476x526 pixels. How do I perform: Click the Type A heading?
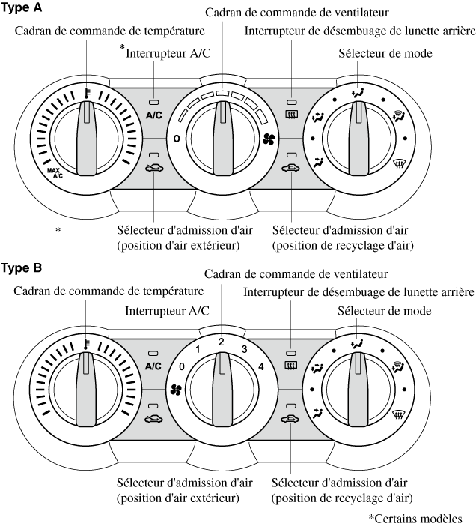point(22,8)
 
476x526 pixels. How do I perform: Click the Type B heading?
point(22,267)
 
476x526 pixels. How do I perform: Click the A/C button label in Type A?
point(153,116)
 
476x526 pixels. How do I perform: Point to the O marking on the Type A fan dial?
point(177,139)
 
